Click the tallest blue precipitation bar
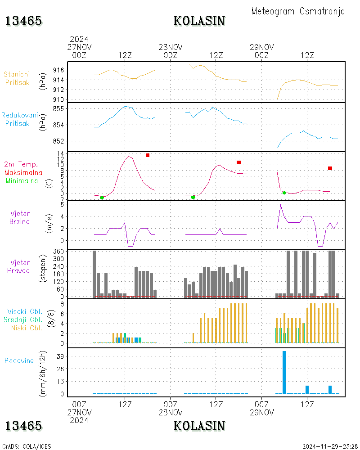point(284,372)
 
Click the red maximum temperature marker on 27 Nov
point(148,155)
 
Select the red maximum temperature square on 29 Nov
point(330,168)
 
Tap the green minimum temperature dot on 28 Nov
point(193,197)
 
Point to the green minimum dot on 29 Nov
point(284,193)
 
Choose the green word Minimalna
point(24,181)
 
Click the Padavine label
point(19,360)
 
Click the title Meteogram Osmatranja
point(298,12)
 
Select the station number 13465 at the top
point(23,21)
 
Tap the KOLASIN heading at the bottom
point(199,425)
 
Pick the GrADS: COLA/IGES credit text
point(27,446)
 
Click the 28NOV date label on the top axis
point(171,47)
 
